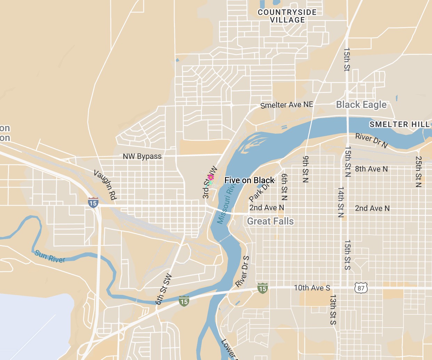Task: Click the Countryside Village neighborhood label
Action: click(x=287, y=16)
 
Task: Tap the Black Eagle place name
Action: click(x=361, y=104)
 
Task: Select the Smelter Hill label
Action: click(x=399, y=124)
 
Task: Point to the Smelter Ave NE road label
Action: click(x=287, y=105)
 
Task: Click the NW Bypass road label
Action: click(x=142, y=156)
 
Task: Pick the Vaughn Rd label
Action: click(x=105, y=185)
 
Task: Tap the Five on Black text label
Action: click(x=249, y=180)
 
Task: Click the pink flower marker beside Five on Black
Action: click(x=210, y=178)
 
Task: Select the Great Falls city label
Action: click(x=270, y=221)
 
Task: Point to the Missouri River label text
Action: click(x=226, y=204)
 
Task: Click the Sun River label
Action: click(x=50, y=257)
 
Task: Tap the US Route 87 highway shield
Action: click(x=361, y=288)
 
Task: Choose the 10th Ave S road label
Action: click(x=312, y=288)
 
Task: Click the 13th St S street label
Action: click(x=333, y=309)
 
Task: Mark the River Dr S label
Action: click(x=242, y=271)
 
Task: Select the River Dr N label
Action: click(x=371, y=140)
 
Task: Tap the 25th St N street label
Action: click(x=418, y=172)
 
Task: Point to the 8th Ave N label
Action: click(x=371, y=169)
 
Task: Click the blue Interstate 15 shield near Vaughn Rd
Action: click(x=93, y=203)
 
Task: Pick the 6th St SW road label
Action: click(x=163, y=289)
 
